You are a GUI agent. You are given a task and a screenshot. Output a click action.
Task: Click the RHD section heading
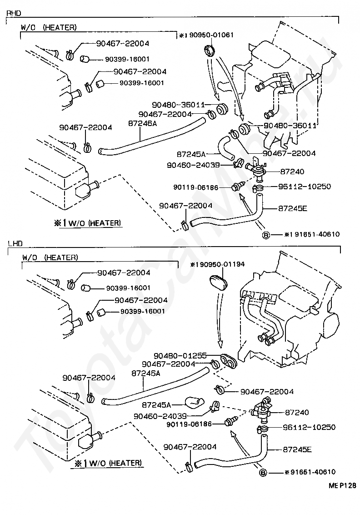(14, 13)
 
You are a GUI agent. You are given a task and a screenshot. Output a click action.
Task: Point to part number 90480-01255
(180, 356)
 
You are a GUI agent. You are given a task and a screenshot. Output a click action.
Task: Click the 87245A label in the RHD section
(191, 154)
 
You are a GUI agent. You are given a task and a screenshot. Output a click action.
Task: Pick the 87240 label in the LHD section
(297, 412)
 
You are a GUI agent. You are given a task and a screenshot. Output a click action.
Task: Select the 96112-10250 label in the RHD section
(305, 186)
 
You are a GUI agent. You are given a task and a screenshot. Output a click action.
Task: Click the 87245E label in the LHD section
(297, 449)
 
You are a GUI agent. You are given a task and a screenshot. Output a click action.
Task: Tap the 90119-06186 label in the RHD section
(196, 187)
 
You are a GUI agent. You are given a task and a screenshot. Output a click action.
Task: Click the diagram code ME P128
(343, 485)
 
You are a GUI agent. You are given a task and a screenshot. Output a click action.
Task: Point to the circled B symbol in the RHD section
(266, 235)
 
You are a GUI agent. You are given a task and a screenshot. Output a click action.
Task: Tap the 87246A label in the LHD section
(146, 374)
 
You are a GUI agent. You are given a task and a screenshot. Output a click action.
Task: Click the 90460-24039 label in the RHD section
(193, 165)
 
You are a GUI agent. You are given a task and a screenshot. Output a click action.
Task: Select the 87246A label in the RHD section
(142, 123)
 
